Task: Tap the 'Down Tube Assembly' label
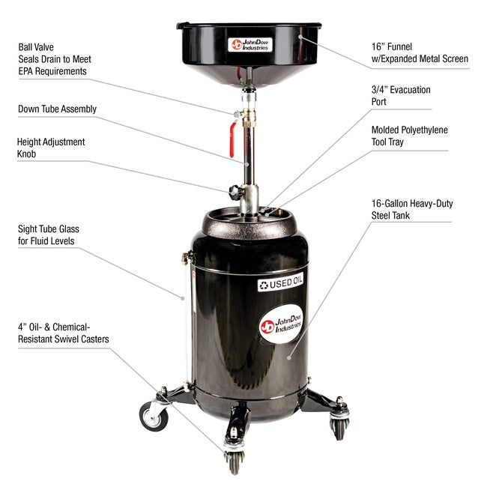(57, 109)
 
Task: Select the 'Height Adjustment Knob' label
(51, 148)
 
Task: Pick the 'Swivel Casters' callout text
(63, 333)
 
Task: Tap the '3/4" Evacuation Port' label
(401, 97)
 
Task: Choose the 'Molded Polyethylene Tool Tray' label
(409, 136)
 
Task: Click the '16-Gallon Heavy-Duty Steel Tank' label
(412, 209)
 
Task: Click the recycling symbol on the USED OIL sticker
(264, 285)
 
